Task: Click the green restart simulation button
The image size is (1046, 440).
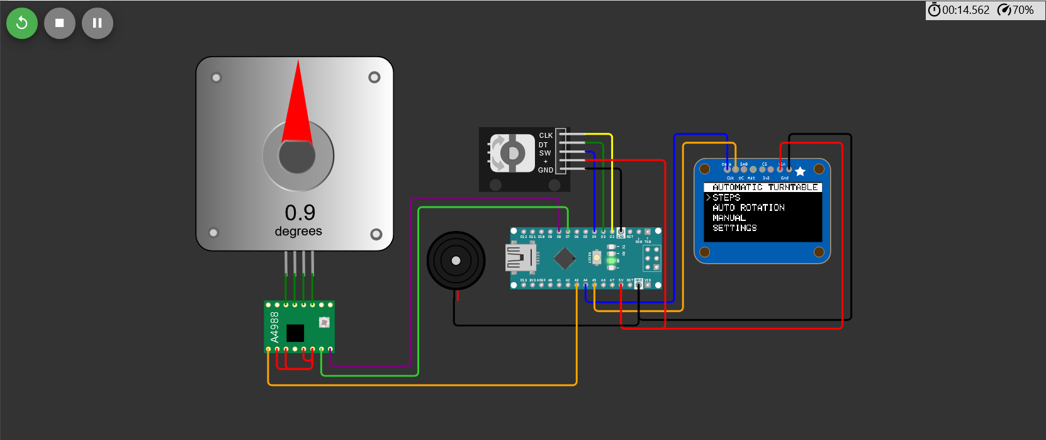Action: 22,23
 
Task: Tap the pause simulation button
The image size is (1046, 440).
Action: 98,23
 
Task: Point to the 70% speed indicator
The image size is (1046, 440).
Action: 1016,10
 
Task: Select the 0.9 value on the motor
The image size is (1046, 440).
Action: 300,213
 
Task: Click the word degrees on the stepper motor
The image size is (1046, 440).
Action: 298,232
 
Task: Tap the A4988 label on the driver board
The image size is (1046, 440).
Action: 274,327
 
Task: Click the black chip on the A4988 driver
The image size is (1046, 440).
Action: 295,332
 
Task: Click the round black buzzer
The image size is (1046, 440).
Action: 456,261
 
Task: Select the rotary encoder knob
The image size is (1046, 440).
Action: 512,152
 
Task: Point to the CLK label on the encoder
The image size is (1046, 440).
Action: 546,135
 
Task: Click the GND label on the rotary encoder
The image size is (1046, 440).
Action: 546,170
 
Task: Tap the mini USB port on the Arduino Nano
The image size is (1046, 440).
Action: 520,257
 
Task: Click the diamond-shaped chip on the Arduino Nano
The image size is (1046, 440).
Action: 565,257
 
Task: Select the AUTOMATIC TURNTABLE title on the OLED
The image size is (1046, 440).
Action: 764,187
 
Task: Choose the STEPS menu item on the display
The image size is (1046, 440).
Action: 726,198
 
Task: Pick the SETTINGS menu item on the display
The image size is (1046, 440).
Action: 734,228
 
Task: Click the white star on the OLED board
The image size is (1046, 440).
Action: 800,171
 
